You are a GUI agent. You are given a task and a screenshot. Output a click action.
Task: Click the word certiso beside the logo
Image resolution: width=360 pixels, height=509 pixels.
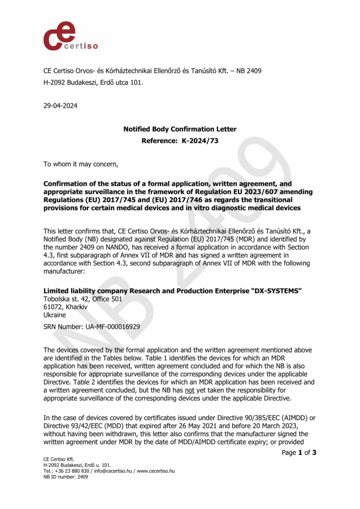click(81, 46)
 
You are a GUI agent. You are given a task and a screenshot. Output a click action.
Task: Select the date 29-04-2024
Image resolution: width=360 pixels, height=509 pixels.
click(60, 105)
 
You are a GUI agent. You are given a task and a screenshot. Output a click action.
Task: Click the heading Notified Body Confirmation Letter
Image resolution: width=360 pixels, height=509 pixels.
click(180, 129)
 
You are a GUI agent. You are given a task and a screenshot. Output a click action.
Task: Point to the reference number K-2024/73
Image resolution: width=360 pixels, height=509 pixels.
click(200, 141)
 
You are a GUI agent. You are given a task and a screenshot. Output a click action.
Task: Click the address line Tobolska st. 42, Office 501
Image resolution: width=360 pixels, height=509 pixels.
click(83, 299)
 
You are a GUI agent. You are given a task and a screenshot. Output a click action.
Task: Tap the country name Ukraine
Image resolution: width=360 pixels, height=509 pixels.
click(55, 315)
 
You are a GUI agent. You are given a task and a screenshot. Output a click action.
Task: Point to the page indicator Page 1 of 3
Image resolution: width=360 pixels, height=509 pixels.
click(299, 452)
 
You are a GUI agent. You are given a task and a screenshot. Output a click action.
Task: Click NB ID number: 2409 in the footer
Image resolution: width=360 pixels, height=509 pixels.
click(66, 477)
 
